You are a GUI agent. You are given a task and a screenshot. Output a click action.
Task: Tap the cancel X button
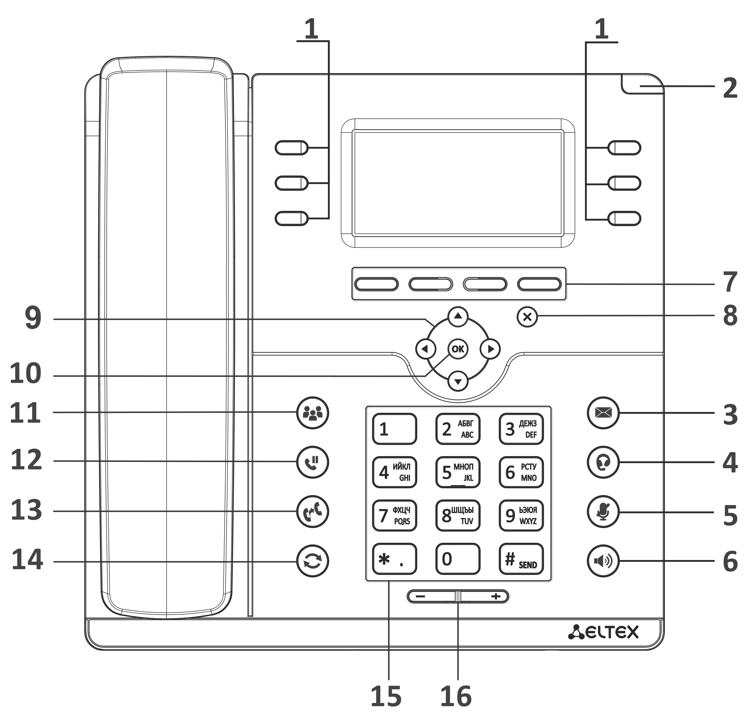527,317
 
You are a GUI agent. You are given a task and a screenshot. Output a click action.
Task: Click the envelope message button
603,413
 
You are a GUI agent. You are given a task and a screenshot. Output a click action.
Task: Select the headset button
603,462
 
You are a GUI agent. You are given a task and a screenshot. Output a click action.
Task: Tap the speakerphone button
603,561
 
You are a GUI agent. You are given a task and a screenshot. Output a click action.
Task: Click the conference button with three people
313,413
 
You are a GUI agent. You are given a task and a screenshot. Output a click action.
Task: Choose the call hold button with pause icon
313,462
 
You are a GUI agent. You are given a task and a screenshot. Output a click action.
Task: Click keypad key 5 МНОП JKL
458,472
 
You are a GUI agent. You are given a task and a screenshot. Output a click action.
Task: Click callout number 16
456,696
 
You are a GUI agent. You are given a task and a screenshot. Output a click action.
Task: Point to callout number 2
730,88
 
